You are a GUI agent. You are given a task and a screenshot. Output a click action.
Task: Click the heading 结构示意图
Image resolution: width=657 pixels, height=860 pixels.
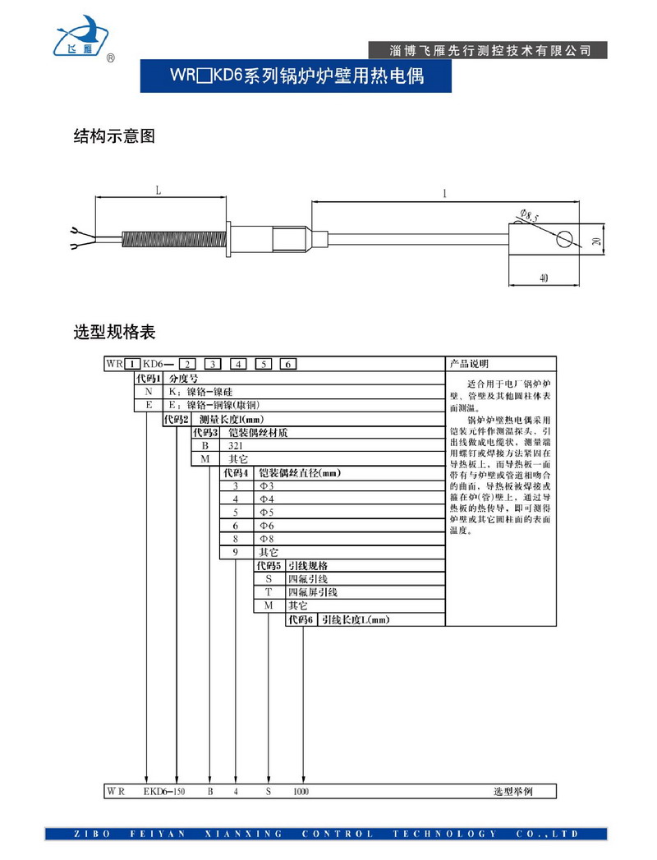(x=114, y=136)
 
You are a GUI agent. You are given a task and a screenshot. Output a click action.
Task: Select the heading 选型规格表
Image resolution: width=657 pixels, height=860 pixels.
(x=114, y=333)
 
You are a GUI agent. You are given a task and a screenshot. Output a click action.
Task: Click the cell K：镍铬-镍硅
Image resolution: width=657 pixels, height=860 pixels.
(x=200, y=392)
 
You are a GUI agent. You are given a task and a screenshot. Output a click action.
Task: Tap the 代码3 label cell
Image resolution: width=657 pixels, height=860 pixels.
(x=205, y=432)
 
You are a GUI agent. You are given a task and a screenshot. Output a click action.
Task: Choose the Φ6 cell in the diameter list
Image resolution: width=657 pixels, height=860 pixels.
(x=266, y=525)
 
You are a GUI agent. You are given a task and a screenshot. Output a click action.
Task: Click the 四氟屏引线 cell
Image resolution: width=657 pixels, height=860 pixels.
(x=312, y=591)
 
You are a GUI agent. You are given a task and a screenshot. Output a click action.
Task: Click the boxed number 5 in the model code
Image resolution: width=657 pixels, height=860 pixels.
(x=264, y=364)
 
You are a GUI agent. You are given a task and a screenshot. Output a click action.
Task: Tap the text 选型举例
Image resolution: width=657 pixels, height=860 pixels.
(x=512, y=792)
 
